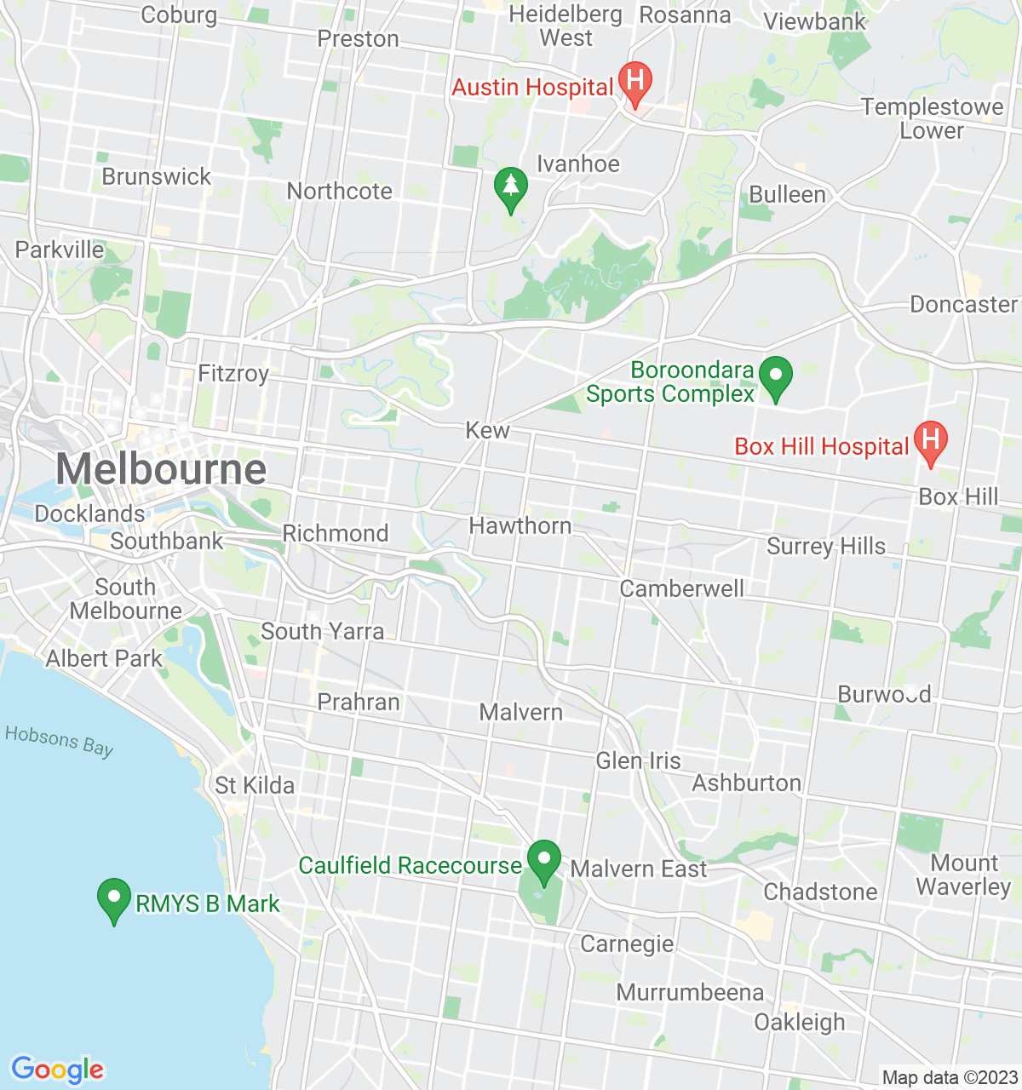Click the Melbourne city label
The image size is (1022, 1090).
[161, 469]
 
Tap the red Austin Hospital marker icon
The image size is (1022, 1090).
[634, 83]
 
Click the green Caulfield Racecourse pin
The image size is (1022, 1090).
[543, 861]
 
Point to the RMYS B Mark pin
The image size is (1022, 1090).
[114, 899]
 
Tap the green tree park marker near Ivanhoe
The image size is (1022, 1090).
[510, 188]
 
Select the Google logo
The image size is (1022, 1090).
[58, 1070]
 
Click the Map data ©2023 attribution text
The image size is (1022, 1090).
[950, 1078]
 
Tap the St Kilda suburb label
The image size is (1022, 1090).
[255, 785]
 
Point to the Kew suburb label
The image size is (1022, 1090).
[487, 431]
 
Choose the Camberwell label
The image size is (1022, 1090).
[681, 588]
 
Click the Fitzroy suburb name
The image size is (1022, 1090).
[233, 373]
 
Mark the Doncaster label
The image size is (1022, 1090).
[963, 305]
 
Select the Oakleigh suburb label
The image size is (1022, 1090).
[800, 1022]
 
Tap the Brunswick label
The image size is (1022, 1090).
[157, 177]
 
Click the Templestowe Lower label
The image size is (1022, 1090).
[932, 119]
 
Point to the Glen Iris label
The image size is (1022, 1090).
[638, 760]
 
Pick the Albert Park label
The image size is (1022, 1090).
[104, 659]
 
